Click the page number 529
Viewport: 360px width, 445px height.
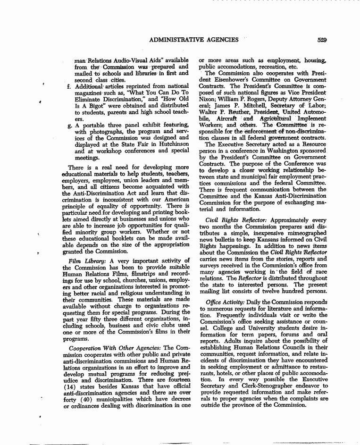pos(322,40)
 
